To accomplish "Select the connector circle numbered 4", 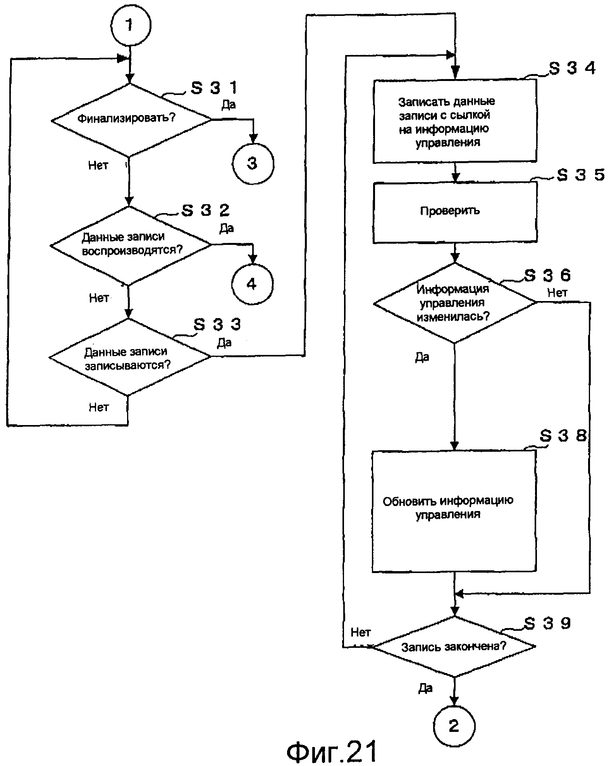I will [x=252, y=284].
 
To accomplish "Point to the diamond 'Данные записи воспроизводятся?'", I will [x=131, y=244].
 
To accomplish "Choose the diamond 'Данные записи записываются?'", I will [x=129, y=357].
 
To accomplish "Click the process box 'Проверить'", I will [x=455, y=212].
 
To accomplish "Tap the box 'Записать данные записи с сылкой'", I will [x=454, y=121].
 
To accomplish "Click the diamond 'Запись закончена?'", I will [x=454, y=646].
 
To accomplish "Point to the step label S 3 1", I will [x=214, y=88].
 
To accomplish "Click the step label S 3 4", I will [x=572, y=68].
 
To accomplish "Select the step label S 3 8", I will [x=563, y=436].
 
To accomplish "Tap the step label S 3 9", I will [x=547, y=623].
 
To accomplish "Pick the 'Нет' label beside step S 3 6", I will [x=557, y=293].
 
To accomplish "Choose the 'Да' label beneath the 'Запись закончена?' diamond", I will [x=425, y=688].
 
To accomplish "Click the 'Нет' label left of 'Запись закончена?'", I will [x=360, y=632].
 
